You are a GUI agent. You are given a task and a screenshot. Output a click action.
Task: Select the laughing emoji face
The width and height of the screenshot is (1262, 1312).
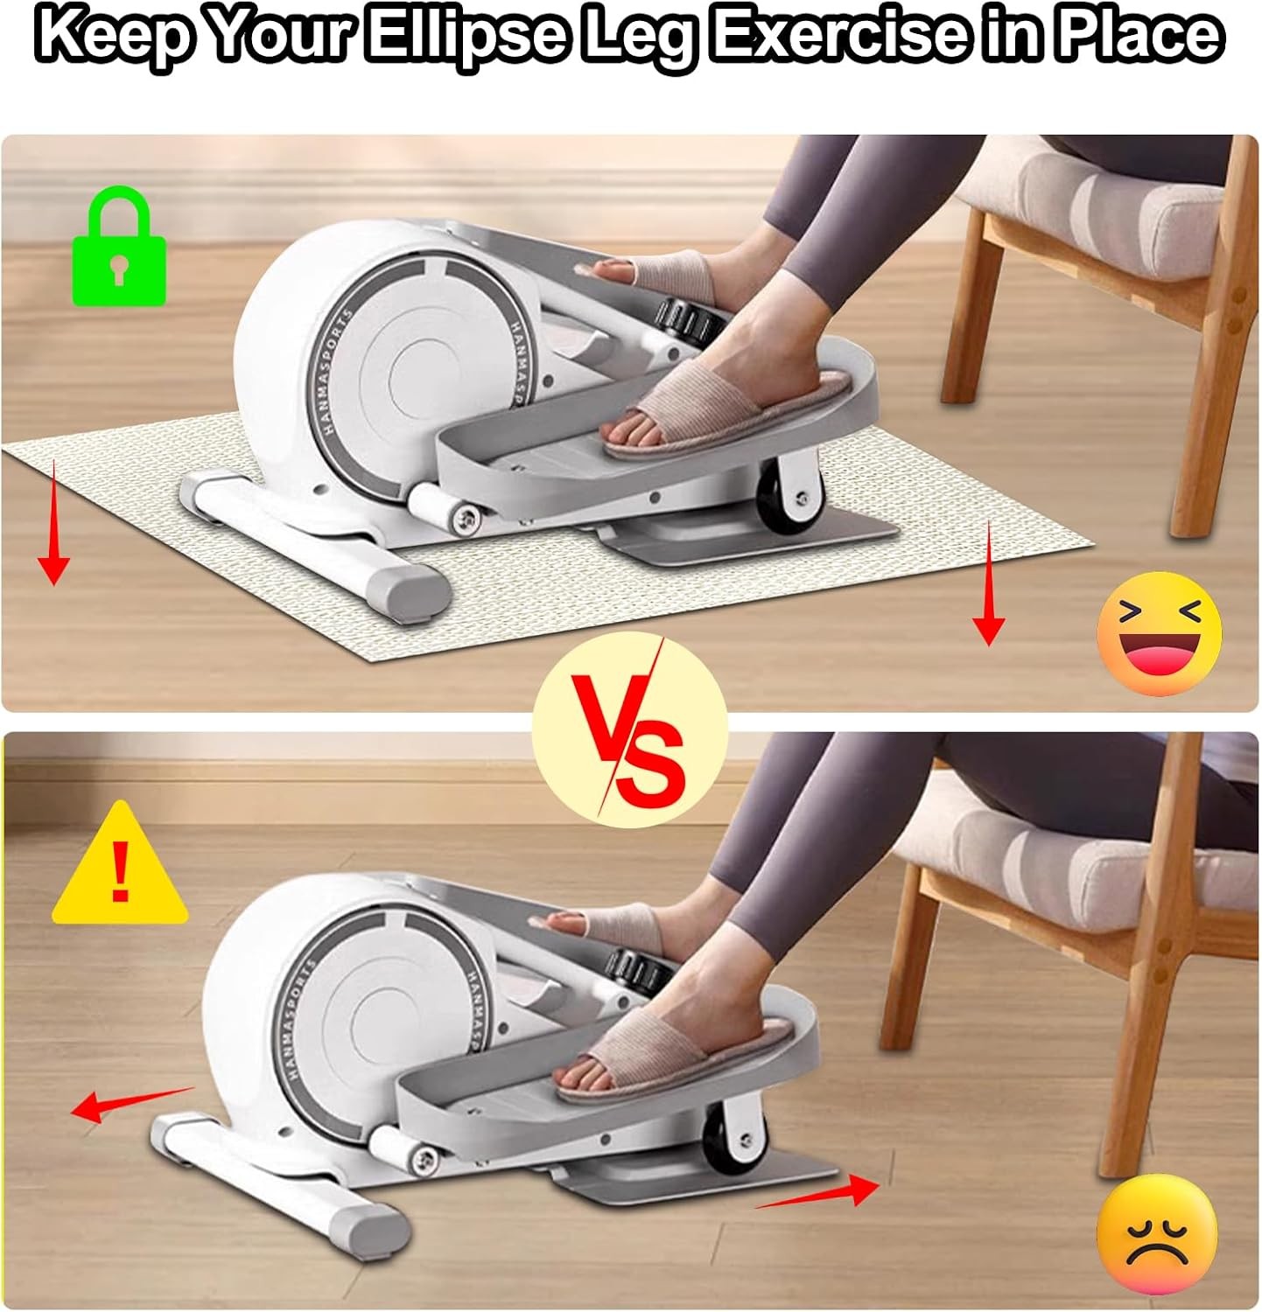(x=1159, y=633)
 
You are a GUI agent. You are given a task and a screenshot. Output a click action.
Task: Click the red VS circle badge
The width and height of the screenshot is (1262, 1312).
(x=629, y=731)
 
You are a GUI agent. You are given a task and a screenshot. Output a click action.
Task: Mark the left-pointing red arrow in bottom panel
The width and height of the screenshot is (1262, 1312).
(x=131, y=1104)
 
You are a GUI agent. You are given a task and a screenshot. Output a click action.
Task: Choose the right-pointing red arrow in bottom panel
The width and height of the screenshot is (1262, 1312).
(x=818, y=1194)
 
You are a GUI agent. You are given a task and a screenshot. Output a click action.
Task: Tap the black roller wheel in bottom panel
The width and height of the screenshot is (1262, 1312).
(x=733, y=1139)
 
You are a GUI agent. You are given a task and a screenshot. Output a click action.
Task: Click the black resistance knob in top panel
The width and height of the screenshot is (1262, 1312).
(x=691, y=321)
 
